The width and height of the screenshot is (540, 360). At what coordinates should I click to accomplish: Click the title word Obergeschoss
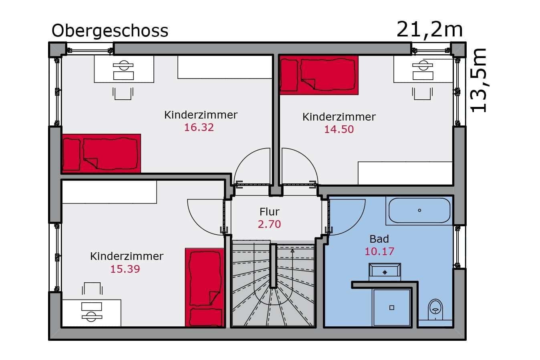tap(110, 31)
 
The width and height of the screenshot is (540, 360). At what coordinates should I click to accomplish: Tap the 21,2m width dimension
tap(429, 30)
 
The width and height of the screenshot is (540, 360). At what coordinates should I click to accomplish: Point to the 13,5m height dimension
tap(478, 80)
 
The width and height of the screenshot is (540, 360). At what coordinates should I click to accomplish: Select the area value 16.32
tap(199, 127)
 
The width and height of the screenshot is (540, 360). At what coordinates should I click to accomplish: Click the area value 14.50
tap(339, 129)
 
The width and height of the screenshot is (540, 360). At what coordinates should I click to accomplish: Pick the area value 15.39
tap(125, 269)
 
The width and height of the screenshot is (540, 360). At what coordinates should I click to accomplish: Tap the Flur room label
tap(269, 212)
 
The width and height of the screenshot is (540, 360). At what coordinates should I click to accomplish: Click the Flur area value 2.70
tap(269, 224)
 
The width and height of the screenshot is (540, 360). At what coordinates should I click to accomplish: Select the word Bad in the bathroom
tap(379, 239)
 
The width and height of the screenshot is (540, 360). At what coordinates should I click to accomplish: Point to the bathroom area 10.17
tap(379, 251)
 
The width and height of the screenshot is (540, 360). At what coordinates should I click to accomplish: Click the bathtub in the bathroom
tap(419, 210)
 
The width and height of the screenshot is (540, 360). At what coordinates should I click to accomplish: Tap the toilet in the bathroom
tap(435, 310)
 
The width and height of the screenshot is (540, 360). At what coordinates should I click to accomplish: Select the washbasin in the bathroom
tap(385, 272)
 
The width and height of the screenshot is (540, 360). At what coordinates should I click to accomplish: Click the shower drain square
tap(392, 308)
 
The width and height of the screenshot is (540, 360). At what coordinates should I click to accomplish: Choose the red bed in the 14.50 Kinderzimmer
tap(319, 75)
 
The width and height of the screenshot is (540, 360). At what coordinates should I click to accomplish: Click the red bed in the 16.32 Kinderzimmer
tap(101, 153)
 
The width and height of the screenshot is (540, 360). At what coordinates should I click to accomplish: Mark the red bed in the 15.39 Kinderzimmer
tap(205, 288)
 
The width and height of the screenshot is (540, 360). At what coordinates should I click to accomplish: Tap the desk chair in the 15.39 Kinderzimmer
tap(92, 288)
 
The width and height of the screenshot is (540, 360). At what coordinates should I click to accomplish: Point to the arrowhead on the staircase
tap(292, 251)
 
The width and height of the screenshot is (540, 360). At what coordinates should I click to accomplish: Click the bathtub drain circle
tap(419, 210)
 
